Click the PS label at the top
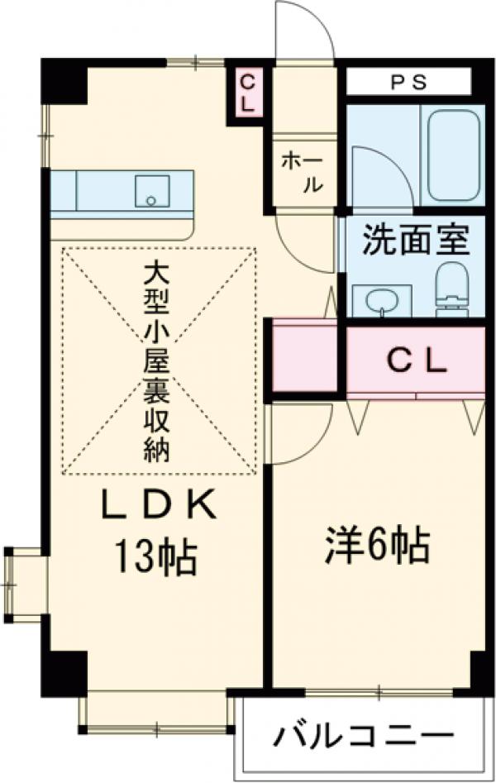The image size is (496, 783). [408, 82]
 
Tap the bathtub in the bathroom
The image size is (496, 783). [454, 154]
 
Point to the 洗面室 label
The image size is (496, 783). [416, 241]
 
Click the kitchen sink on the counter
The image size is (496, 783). [151, 191]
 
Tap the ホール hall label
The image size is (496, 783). [300, 171]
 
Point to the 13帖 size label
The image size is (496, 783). [157, 559]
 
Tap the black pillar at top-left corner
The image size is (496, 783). [65, 81]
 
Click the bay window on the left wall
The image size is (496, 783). [21, 584]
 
